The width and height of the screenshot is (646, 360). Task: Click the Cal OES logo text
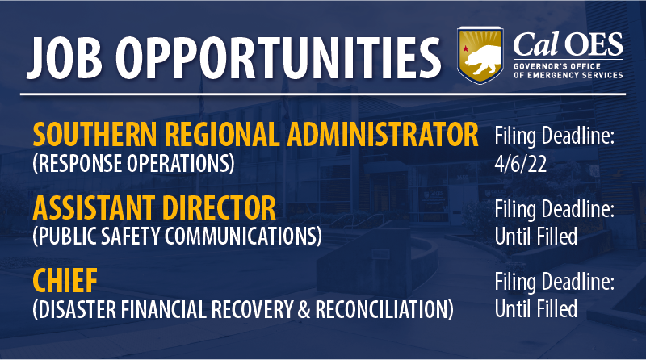[x=568, y=44]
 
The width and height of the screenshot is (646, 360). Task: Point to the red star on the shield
[x=466, y=48]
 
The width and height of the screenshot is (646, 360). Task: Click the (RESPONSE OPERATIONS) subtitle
[x=133, y=165]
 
